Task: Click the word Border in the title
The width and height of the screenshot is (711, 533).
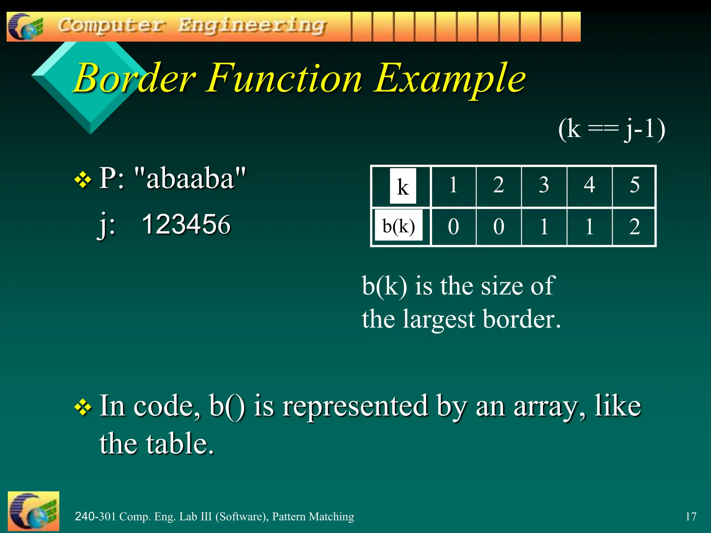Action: click(135, 78)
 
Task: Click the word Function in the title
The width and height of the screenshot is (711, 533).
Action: click(285, 78)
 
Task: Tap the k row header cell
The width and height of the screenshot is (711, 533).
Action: click(402, 186)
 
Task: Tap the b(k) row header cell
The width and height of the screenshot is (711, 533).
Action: click(399, 226)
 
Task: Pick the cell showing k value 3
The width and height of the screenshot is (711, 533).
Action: click(544, 185)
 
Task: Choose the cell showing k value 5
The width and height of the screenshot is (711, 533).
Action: click(634, 185)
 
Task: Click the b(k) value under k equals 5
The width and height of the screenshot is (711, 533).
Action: click(634, 227)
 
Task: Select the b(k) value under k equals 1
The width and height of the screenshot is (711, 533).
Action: click(453, 227)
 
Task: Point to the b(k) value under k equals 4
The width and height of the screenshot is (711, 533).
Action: click(589, 227)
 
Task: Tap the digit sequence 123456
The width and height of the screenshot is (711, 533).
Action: click(186, 224)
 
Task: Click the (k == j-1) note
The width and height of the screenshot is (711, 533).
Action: click(612, 129)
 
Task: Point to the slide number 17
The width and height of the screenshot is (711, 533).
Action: click(691, 516)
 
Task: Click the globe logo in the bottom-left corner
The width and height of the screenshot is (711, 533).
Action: click(33, 511)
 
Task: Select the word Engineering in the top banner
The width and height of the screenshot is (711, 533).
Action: click(252, 26)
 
